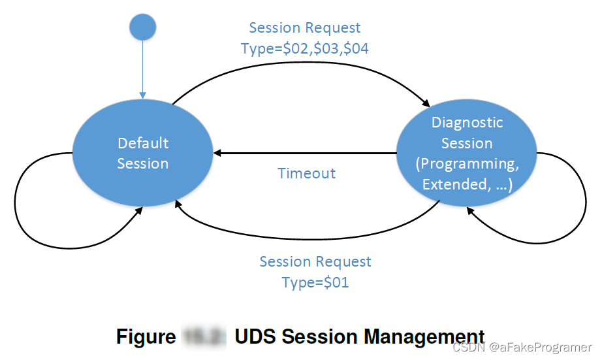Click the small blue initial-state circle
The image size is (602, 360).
(x=142, y=27)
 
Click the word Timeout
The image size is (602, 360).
(x=306, y=173)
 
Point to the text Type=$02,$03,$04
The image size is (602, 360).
(x=305, y=48)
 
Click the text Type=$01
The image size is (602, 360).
(x=315, y=282)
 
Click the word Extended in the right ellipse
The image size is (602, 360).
(x=453, y=184)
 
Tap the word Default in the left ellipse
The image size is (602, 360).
(x=143, y=143)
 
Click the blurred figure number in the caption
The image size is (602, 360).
(x=203, y=336)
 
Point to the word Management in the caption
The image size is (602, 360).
(x=424, y=336)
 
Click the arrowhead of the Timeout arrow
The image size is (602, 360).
(x=217, y=154)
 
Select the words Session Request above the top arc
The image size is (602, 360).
(x=305, y=28)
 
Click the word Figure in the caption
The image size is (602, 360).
(x=146, y=336)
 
